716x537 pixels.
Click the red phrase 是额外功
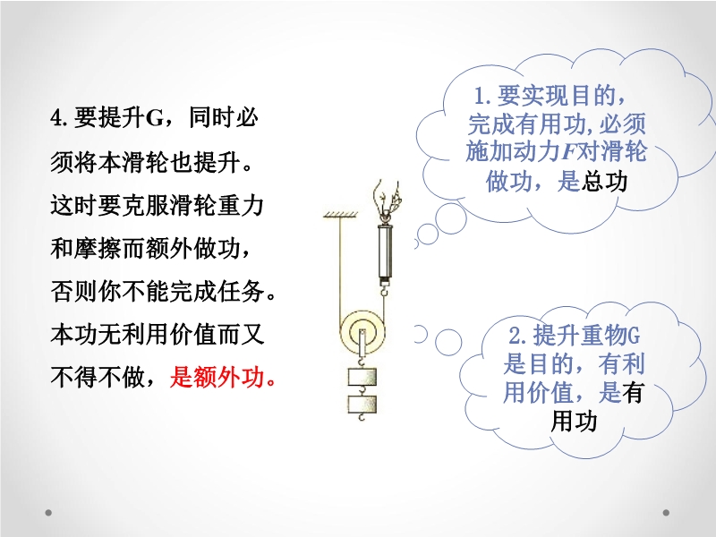tap(222, 378)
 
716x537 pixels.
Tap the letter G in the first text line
tap(155, 118)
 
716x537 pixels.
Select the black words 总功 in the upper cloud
tap(605, 182)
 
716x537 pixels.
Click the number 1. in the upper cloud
tap(482, 96)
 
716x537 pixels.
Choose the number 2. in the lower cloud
tap(518, 337)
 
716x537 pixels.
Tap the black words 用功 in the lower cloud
tap(575, 421)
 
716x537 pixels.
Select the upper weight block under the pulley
tap(362, 377)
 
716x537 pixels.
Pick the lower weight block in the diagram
tap(362, 405)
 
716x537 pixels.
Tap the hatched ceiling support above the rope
tap(341, 214)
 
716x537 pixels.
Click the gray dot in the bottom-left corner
tap(48, 513)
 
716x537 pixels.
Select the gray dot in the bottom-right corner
tap(666, 513)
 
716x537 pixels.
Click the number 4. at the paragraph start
tap(59, 118)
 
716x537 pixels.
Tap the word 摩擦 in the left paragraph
tap(98, 249)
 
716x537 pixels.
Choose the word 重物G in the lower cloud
tap(610, 337)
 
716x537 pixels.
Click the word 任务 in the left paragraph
tap(241, 292)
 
